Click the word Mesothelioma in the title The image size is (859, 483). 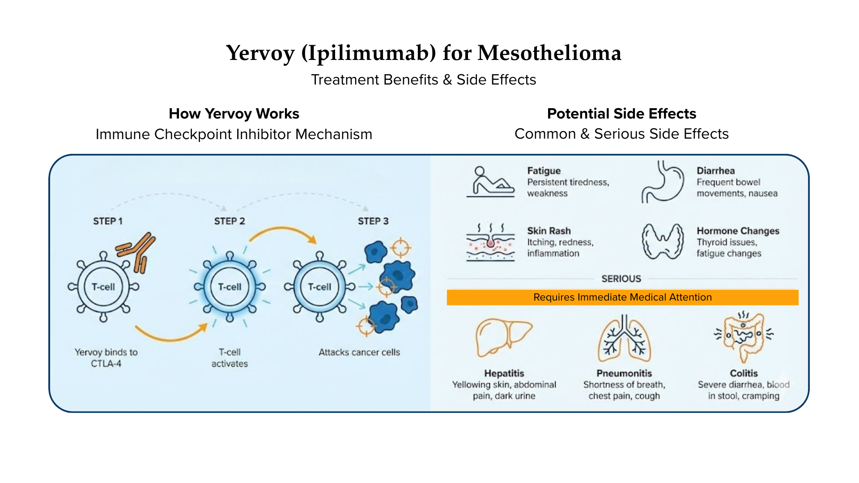[549, 53]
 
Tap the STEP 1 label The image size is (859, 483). [108, 221]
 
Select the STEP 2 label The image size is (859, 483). [230, 221]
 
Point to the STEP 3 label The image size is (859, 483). [373, 221]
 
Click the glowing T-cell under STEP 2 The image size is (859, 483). [230, 287]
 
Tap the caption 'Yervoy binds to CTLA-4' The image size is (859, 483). [106, 358]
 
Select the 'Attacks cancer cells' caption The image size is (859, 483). [359, 352]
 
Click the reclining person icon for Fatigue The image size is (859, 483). [490, 182]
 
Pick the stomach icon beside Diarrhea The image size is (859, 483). [663, 182]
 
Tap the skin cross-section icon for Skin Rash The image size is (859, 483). [490, 242]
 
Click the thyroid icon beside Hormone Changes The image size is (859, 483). [663, 241]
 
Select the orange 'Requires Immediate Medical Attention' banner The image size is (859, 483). [622, 297]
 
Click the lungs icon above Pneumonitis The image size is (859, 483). [624, 339]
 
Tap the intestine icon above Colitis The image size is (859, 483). [744, 336]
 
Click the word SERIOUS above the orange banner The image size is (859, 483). [621, 279]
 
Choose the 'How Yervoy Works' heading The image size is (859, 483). [234, 114]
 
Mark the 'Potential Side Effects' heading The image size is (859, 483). [621, 114]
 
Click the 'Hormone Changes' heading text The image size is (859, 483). [738, 231]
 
